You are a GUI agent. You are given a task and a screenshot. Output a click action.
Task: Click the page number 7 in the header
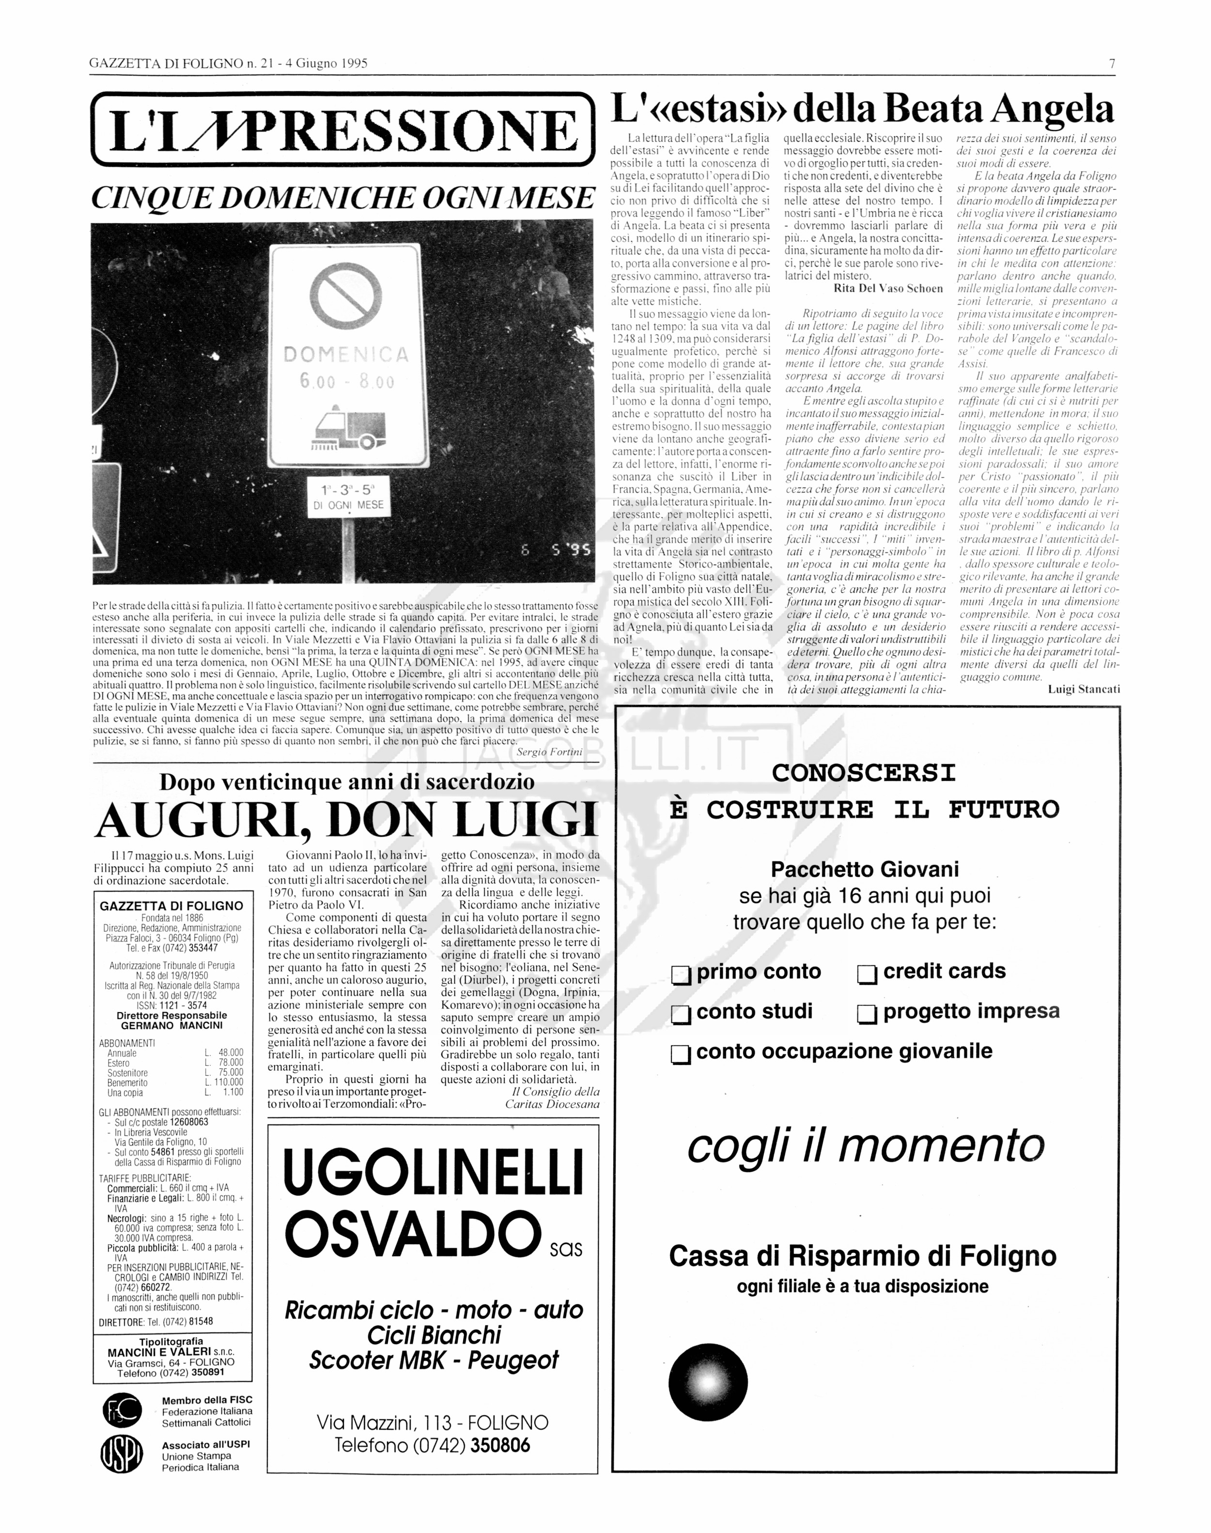tap(1113, 63)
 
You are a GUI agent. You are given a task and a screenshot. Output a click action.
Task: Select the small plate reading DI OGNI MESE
tap(348, 505)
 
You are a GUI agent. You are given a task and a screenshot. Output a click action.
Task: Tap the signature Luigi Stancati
tap(1084, 688)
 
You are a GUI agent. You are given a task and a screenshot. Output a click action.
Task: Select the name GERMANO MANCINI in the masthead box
tap(171, 1025)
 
